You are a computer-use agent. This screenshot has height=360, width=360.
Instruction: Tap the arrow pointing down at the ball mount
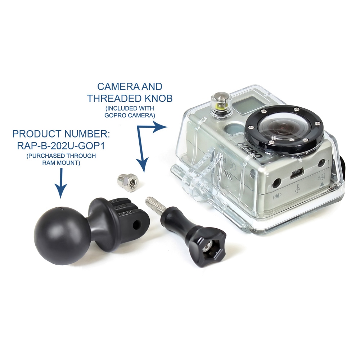(61, 183)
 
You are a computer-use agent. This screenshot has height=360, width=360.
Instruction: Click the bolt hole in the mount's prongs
(137, 223)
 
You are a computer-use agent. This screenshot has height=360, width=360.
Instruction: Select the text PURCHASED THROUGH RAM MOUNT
(61, 159)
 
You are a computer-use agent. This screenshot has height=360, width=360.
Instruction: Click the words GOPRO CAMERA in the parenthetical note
(129, 115)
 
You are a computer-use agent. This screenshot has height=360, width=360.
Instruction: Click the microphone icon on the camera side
(277, 197)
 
